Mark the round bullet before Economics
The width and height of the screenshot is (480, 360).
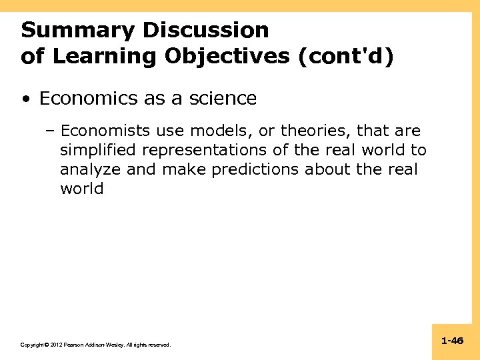click(x=25, y=99)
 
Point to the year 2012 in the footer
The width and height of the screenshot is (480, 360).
click(x=54, y=345)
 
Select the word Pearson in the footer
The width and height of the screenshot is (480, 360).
click(x=72, y=345)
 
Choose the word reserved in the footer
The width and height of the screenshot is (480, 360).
click(x=158, y=345)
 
